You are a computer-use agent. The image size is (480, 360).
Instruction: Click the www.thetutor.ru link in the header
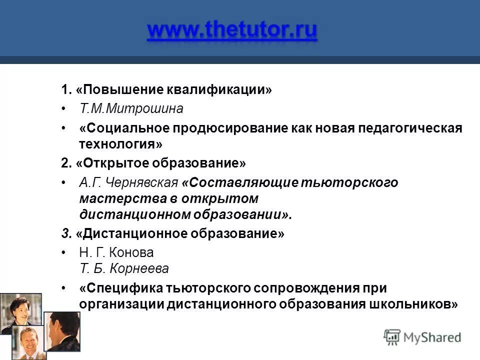[232, 30]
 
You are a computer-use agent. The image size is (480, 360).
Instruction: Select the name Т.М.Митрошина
[131, 108]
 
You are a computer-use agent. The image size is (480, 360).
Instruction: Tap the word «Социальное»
[125, 128]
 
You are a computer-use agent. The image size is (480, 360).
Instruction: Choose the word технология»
[121, 144]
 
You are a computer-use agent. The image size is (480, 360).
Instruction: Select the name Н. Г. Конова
[116, 253]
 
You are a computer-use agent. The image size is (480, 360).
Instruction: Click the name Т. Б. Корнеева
[124, 269]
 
